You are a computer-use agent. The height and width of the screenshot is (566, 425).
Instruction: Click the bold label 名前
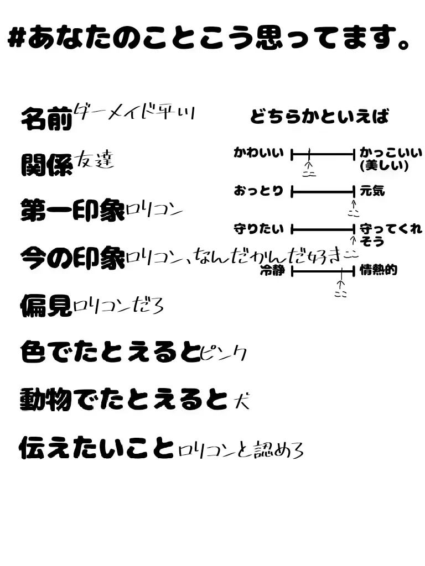click(46, 118)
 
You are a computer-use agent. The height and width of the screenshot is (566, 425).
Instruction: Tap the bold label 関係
click(46, 164)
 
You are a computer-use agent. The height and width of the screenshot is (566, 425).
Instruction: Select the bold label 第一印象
click(72, 211)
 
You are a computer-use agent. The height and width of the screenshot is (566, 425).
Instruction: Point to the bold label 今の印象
click(72, 257)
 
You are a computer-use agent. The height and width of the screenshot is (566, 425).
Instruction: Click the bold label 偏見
click(46, 305)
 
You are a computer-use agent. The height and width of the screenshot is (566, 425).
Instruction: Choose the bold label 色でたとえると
click(110, 352)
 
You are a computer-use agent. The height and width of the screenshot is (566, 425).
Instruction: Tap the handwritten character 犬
click(241, 400)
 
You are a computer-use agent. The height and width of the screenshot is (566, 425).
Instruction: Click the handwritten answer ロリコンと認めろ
click(241, 450)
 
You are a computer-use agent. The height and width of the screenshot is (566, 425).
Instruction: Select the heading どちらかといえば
click(319, 117)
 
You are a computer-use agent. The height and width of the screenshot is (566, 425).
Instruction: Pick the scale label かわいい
click(258, 153)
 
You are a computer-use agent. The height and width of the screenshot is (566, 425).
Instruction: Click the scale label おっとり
click(258, 192)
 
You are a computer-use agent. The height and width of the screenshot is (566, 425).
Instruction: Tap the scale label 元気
click(372, 192)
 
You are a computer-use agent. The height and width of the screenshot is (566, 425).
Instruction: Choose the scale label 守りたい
click(258, 229)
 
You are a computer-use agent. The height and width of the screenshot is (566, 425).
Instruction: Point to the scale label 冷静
click(272, 271)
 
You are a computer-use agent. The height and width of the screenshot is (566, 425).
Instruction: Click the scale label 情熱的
click(379, 271)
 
